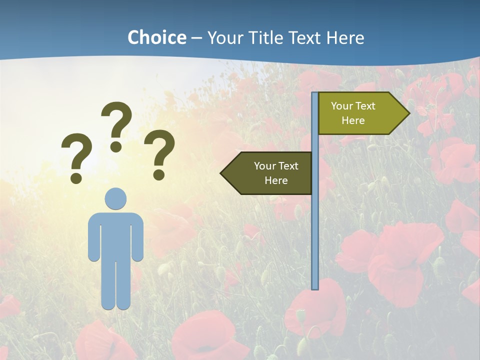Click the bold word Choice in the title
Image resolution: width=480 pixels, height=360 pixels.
[x=156, y=37]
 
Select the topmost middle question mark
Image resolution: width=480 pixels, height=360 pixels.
[x=116, y=120]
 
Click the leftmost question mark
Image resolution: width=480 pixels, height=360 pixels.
[x=77, y=152]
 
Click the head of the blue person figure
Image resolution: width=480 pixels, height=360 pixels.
[x=115, y=198]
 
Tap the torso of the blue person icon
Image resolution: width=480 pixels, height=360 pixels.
[x=115, y=235]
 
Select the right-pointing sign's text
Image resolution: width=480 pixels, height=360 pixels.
[x=353, y=113]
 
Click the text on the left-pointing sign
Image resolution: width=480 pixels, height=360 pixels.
[x=276, y=173]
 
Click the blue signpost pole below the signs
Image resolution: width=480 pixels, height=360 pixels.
[x=315, y=240]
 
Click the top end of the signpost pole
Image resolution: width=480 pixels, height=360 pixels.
[x=315, y=94]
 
